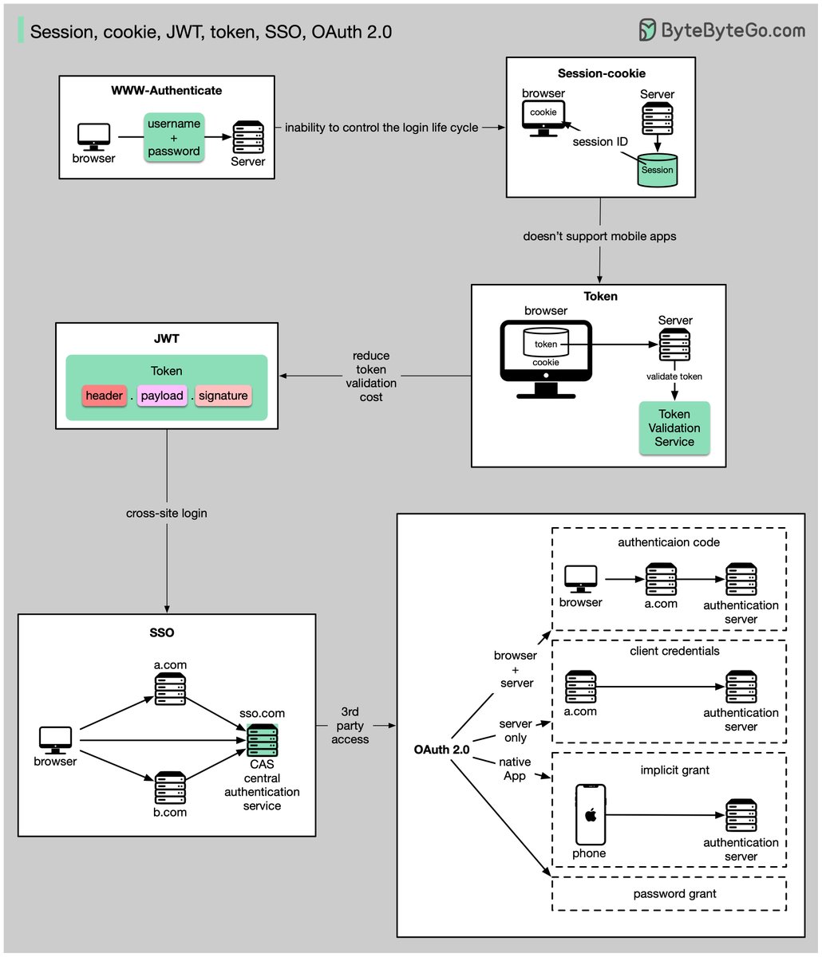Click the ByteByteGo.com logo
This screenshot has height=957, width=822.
point(721,30)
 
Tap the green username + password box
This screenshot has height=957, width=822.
point(174,137)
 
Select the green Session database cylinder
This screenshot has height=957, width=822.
point(658,168)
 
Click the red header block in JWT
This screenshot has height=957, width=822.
point(104,396)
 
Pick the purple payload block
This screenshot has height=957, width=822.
point(162,396)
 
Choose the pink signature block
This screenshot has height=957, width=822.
point(223,396)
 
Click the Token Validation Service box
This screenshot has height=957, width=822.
point(674,428)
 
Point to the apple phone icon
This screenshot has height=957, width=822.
point(591,814)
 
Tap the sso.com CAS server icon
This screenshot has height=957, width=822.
point(263,741)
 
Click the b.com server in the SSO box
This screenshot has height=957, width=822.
point(170,788)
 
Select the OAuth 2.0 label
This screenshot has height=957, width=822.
point(441,750)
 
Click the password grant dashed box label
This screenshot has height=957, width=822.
point(674,893)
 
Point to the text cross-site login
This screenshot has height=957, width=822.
point(166,513)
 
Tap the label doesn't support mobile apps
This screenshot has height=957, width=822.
point(599,236)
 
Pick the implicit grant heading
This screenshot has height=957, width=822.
point(674,770)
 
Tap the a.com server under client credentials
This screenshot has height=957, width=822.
point(581,687)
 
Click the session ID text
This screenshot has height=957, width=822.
point(599,141)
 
